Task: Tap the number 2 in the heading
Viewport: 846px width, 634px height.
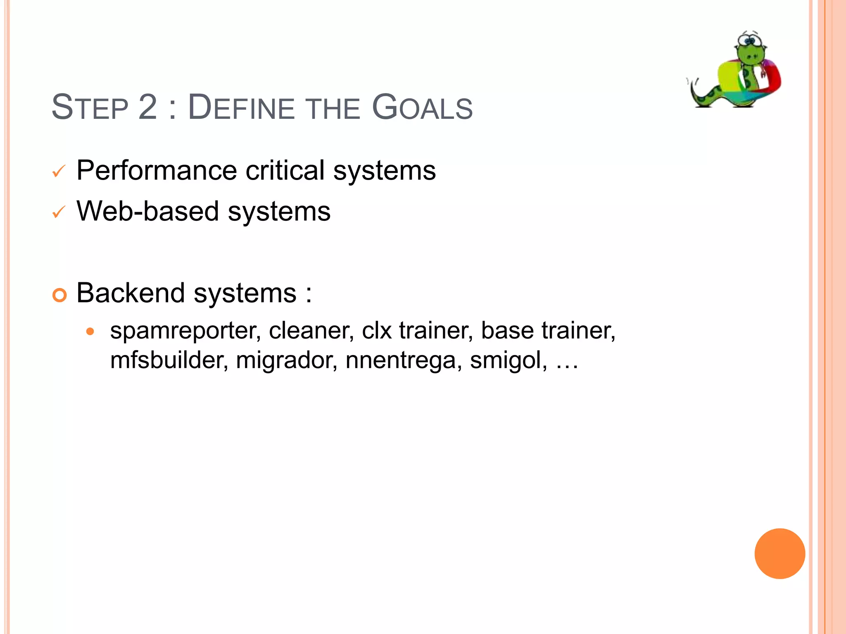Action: pyautogui.click(x=148, y=108)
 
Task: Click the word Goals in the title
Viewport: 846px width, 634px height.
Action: pyautogui.click(x=422, y=108)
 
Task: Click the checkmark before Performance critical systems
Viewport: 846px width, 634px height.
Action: pyautogui.click(x=59, y=171)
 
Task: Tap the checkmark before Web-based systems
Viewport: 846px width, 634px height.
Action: pyautogui.click(x=59, y=212)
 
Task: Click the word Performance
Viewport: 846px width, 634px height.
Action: pyautogui.click(x=157, y=171)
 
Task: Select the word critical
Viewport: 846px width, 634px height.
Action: pyautogui.click(x=285, y=170)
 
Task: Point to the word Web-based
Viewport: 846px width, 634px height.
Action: pyautogui.click(x=147, y=211)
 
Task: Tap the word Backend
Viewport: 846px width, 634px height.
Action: pyautogui.click(x=130, y=293)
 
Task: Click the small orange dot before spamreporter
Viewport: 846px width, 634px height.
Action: pyautogui.click(x=90, y=331)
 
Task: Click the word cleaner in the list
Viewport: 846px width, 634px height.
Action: pyautogui.click(x=311, y=331)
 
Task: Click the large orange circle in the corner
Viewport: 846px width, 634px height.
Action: pyautogui.click(x=779, y=554)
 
